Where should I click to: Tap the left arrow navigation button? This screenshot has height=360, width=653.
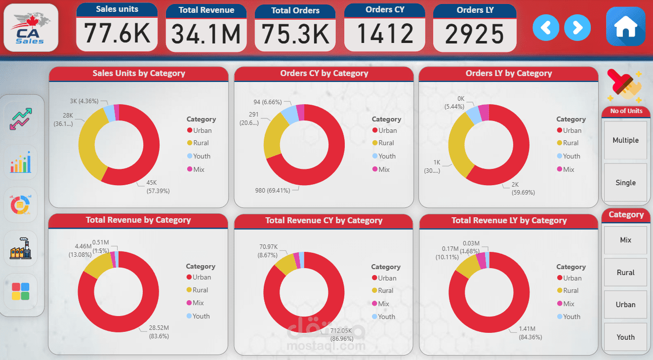tap(546, 27)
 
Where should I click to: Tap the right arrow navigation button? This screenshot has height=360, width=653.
tap(577, 27)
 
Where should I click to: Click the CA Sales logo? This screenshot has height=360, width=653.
tap(31, 28)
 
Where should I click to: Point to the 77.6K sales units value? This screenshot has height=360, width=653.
tap(117, 34)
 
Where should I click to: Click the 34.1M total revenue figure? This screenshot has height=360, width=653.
tap(206, 34)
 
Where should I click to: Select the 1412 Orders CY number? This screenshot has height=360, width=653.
tap(385, 34)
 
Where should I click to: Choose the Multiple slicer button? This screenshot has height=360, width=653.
tap(625, 140)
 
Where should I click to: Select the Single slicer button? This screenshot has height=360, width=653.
tap(625, 183)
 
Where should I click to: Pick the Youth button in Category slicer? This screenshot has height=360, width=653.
tap(625, 337)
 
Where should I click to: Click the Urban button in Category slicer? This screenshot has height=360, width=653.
tap(625, 305)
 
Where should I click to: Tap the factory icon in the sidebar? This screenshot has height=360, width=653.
tap(20, 247)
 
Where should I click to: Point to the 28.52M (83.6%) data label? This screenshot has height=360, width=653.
tap(159, 331)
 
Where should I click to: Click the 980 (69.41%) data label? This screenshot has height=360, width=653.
tap(275, 190)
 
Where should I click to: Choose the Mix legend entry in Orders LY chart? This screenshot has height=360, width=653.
tap(569, 169)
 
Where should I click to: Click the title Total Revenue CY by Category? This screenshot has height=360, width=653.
tap(324, 220)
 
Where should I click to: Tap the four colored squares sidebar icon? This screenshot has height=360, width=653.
tap(20, 291)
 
